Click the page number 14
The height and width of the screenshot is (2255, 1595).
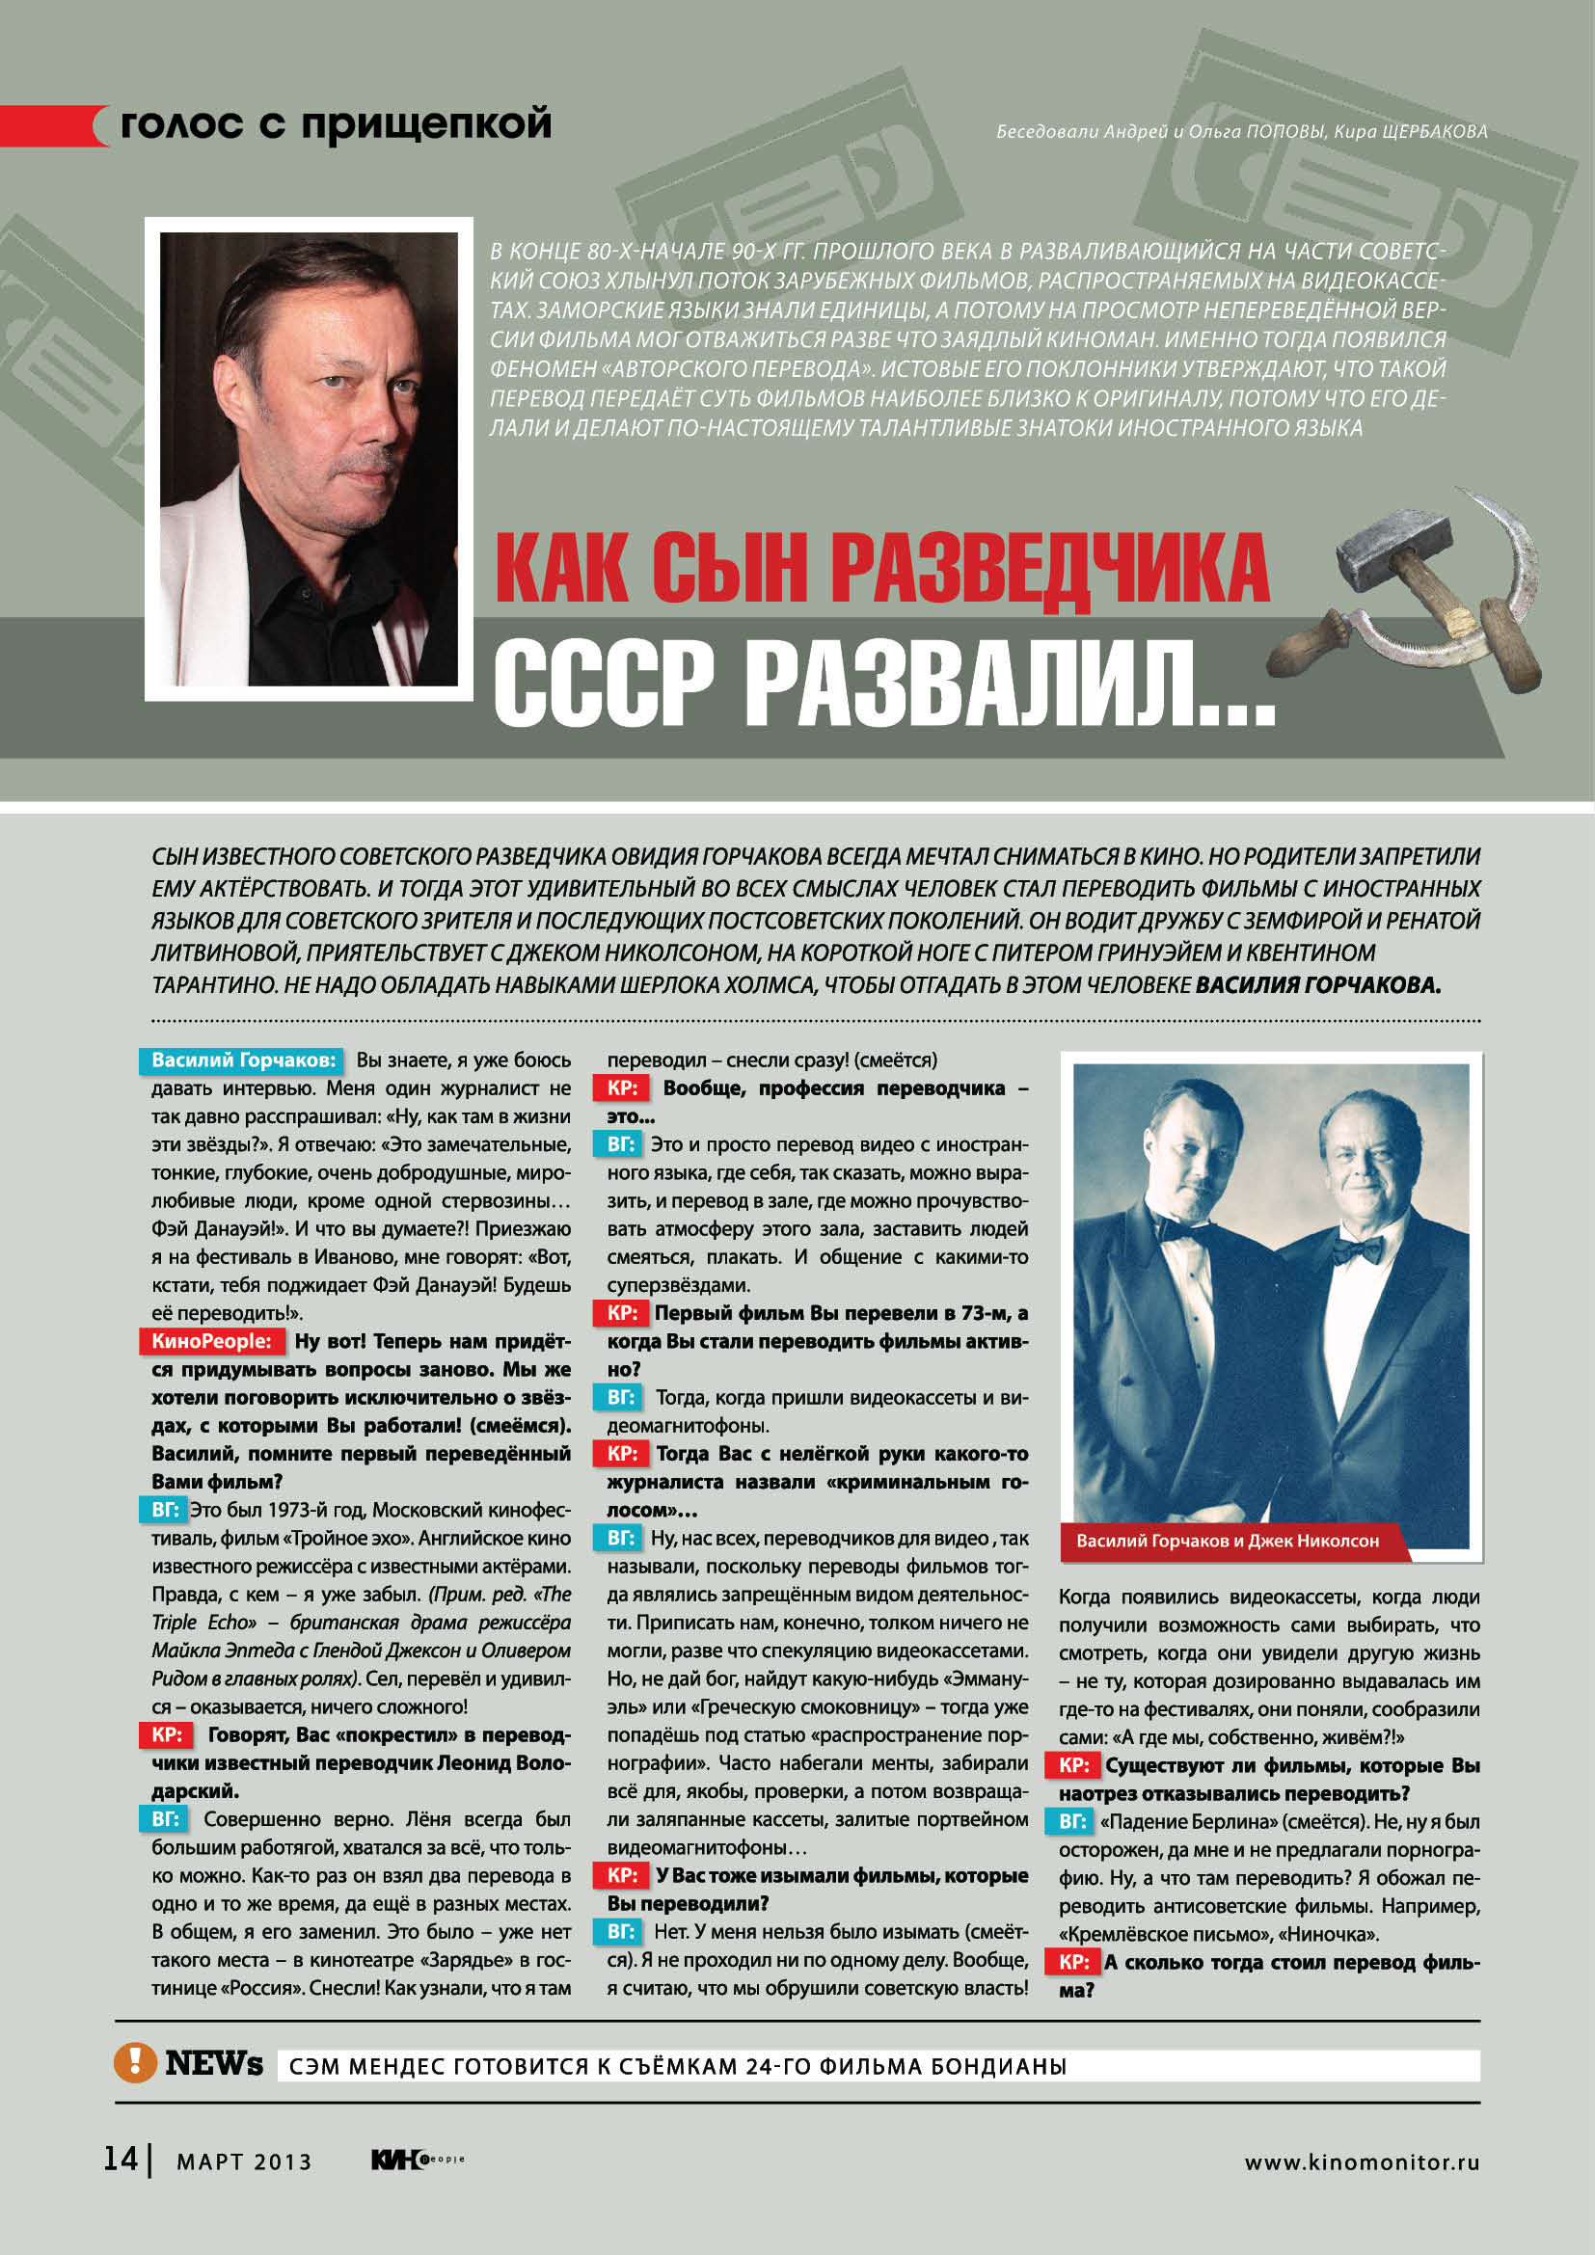point(120,2159)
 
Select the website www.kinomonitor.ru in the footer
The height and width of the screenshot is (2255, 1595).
point(1362,2161)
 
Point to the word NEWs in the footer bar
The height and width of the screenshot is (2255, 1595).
point(214,2063)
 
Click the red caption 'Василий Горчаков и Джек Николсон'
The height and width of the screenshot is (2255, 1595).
point(1227,1541)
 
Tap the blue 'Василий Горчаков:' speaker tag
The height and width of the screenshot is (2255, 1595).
point(243,1060)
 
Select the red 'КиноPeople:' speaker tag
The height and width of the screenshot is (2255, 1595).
point(211,1341)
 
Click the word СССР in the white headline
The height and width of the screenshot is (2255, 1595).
point(603,683)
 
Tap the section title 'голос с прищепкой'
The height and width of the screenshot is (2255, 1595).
point(335,124)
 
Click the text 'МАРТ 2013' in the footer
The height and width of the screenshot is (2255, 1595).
point(244,2161)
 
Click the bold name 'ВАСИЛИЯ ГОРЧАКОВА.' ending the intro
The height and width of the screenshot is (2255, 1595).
point(1317,985)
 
